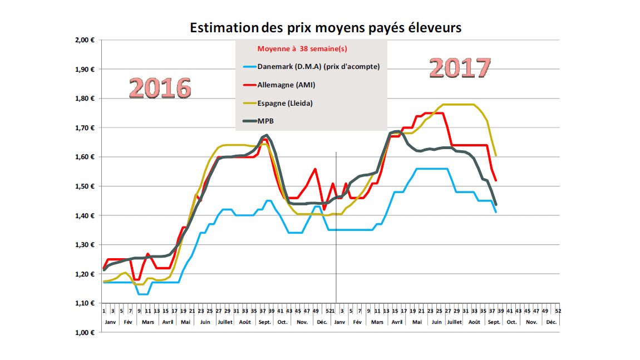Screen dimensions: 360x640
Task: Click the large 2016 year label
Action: tap(160, 88)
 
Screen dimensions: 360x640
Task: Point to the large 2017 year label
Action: tap(460, 68)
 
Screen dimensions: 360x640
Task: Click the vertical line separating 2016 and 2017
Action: tap(336, 223)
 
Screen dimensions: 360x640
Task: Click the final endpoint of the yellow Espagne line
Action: tap(495, 156)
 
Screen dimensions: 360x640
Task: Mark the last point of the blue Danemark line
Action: tap(495, 212)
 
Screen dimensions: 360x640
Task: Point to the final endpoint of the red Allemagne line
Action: tap(495, 180)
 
